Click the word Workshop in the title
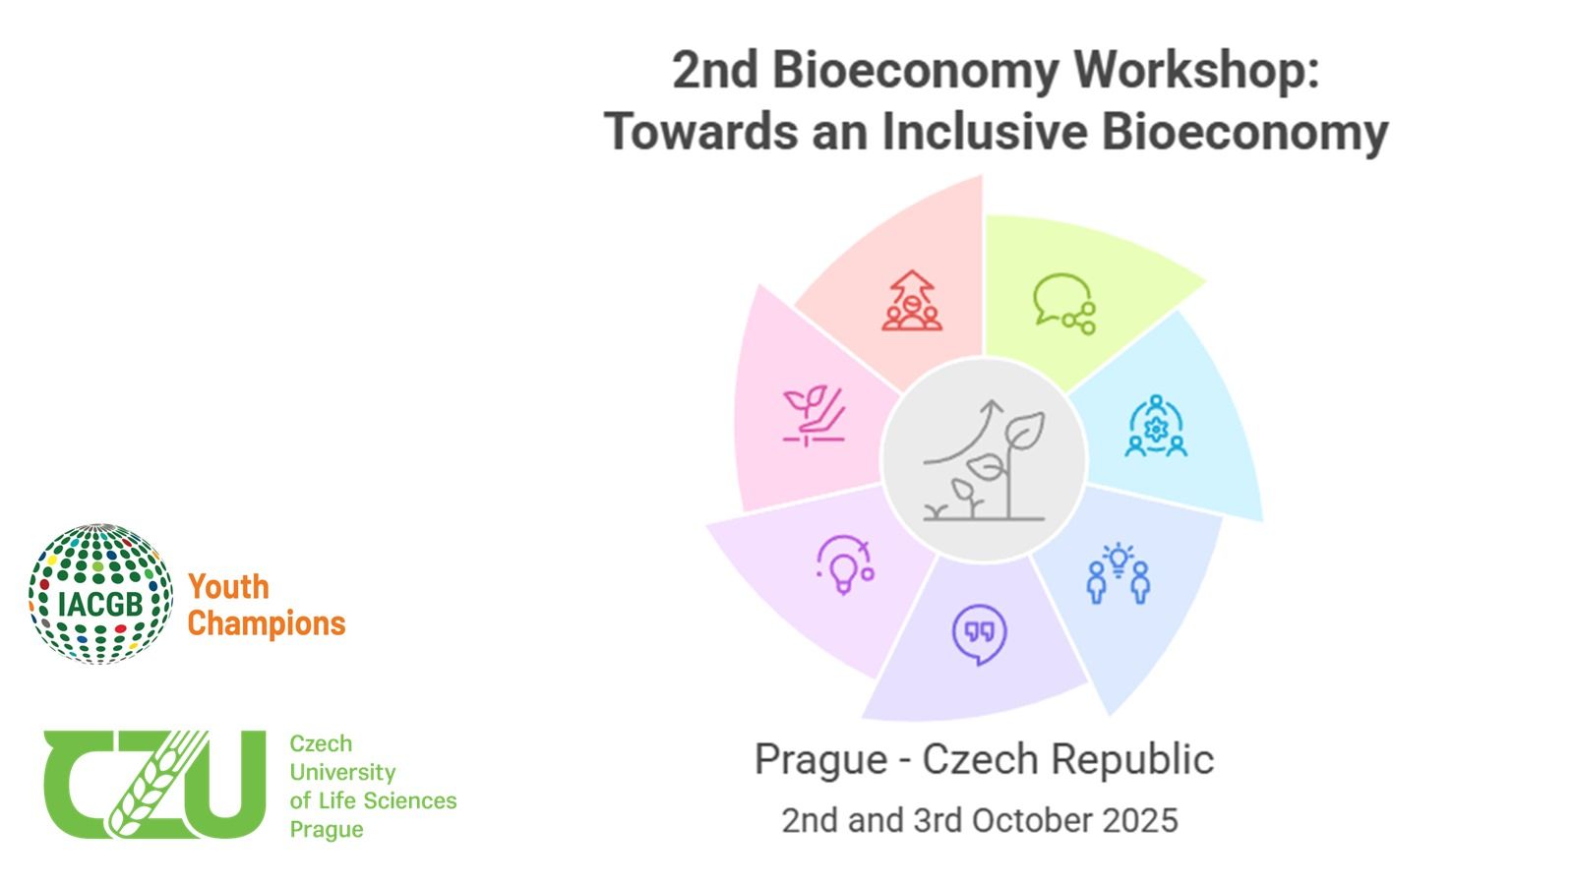[1196, 72]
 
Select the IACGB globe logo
[100, 594]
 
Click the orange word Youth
[229, 587]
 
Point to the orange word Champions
[267, 623]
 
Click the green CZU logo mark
[154, 784]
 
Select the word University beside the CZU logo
[343, 773]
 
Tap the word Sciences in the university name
[414, 800]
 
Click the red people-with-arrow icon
[912, 301]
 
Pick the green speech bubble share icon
[1064, 304]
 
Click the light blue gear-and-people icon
[1156, 427]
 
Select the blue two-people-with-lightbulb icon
[1118, 573]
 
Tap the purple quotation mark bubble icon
[980, 634]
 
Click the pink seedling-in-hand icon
[815, 415]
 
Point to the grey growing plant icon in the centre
[984, 460]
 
